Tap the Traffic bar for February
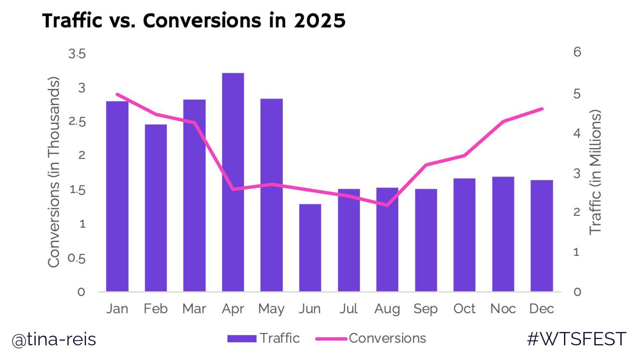pyautogui.click(x=156, y=208)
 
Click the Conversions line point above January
pyautogui.click(x=117, y=94)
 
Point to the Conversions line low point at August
pyautogui.click(x=387, y=205)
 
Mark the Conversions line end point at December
pyautogui.click(x=542, y=109)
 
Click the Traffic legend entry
pyautogui.click(x=263, y=338)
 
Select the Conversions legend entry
pyautogui.click(x=371, y=338)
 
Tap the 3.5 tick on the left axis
pyautogui.click(x=77, y=54)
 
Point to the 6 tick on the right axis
pyautogui.click(x=577, y=52)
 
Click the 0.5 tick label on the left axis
pyautogui.click(x=77, y=258)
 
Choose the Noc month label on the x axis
pyautogui.click(x=503, y=309)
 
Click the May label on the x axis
pyautogui.click(x=271, y=309)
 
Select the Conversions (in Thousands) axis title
pyautogui.click(x=54, y=172)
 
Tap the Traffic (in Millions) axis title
pyautogui.click(x=595, y=172)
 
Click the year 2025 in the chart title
pyautogui.click(x=319, y=21)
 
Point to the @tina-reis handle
pyautogui.click(x=54, y=340)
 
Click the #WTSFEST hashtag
pyautogui.click(x=576, y=339)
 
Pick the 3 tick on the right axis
pyautogui.click(x=577, y=173)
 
